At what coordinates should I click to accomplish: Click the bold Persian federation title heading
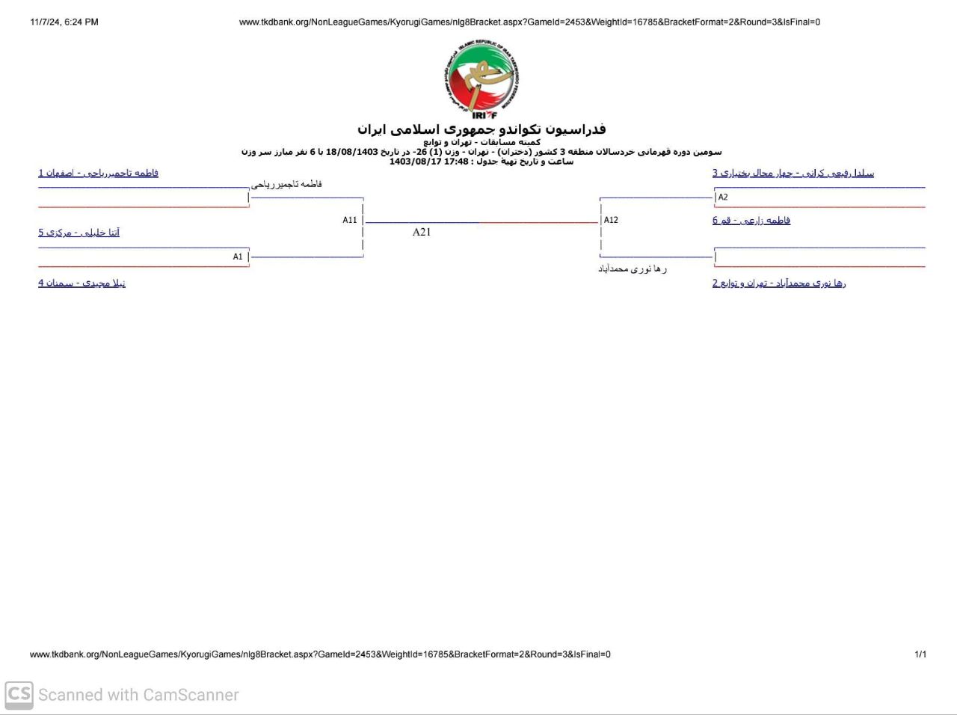pos(481,129)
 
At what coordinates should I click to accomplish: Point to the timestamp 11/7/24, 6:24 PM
pos(64,22)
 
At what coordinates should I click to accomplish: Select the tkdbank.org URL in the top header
pos(529,22)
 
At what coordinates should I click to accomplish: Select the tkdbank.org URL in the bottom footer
pos(320,654)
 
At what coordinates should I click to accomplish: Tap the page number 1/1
pos(920,654)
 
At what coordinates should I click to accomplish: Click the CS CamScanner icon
pos(19,695)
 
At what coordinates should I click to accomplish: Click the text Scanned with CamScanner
pos(138,695)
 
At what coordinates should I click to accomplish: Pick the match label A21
pos(422,232)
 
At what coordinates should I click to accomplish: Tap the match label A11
pos(350,220)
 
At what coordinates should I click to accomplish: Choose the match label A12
pos(611,220)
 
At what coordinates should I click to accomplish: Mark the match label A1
pos(238,257)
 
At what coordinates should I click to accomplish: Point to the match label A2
pos(723,197)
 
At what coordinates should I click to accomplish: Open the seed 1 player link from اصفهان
pos(99,173)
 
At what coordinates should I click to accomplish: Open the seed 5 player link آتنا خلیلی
pos(79,233)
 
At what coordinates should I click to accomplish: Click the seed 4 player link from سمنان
pos(82,283)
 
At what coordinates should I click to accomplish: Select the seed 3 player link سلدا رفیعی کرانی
pos(793,173)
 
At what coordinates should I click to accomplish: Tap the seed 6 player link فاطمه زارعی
pos(751,220)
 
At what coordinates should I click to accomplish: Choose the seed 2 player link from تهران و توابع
pos(779,283)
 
